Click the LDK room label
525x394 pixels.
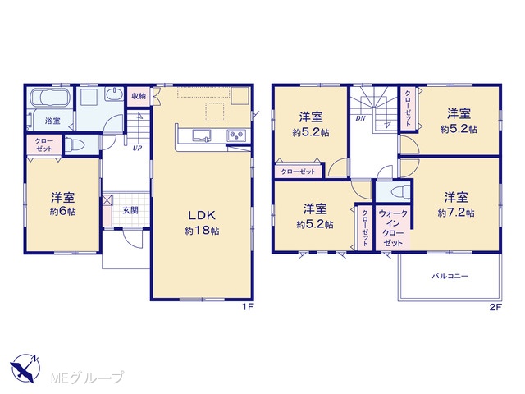(x=202, y=215)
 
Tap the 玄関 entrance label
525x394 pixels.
(x=130, y=210)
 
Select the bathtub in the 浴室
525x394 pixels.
(x=50, y=97)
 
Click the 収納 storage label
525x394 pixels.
(x=139, y=96)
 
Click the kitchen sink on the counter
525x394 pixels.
(x=202, y=135)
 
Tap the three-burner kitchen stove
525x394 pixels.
(x=236, y=135)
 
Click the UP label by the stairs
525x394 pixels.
(x=137, y=149)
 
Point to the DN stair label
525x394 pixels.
(x=360, y=118)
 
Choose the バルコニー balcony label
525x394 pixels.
(x=450, y=277)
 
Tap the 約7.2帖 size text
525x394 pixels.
(x=456, y=213)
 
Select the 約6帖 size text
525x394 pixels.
(x=63, y=212)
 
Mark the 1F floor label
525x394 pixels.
(x=247, y=307)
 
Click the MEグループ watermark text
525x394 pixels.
(x=87, y=378)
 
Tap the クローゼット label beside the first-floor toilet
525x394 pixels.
(x=43, y=145)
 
